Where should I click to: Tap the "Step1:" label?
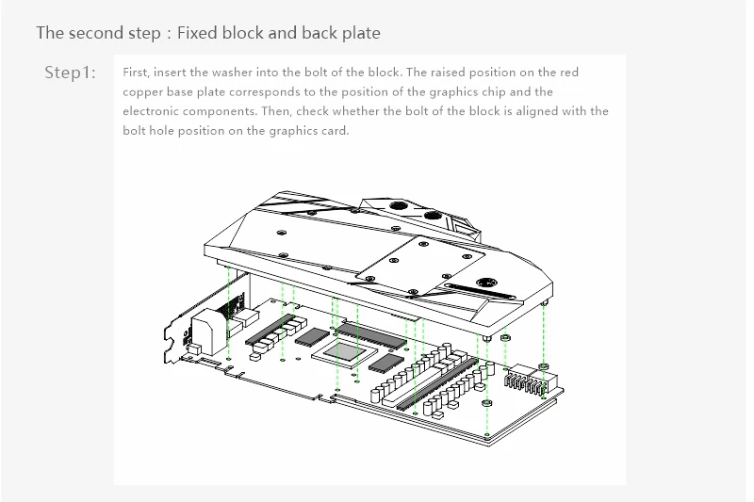pyautogui.click(x=71, y=73)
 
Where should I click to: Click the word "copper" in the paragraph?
pyautogui.click(x=145, y=92)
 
